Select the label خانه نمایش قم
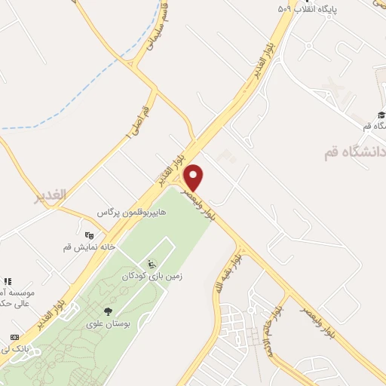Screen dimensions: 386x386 (88, 247)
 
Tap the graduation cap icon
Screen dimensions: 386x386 (381, 114)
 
